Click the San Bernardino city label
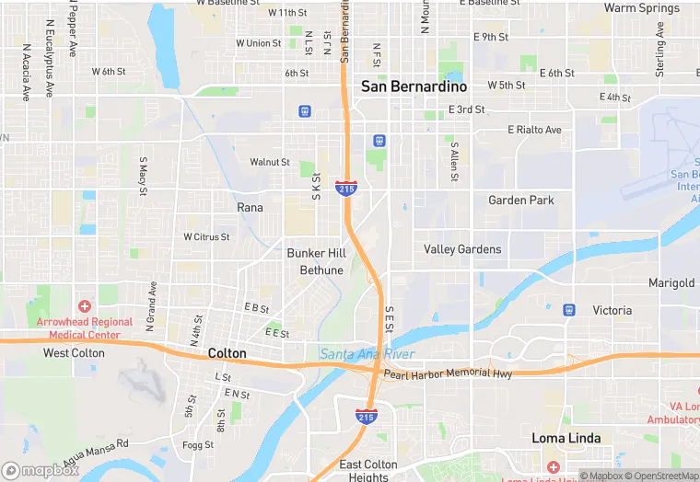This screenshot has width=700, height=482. point(414,86)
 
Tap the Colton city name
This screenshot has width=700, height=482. point(227,353)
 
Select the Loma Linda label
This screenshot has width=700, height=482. point(566,439)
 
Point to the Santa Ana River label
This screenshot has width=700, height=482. point(367,354)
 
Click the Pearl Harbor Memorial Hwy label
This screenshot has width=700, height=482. point(448,374)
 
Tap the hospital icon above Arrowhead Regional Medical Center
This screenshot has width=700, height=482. point(85,306)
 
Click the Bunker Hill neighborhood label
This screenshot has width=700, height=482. point(316,253)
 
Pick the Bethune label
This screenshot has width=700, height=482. point(321,270)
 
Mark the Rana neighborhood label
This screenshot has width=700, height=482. point(250,208)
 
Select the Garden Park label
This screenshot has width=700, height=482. point(520,201)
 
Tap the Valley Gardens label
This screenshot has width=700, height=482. point(462,249)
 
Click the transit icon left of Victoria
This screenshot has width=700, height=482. point(569,310)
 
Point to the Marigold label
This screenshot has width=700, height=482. point(671,283)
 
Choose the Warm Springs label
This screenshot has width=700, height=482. point(641,8)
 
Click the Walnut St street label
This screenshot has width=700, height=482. point(270,162)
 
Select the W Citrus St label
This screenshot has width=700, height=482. point(206,236)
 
